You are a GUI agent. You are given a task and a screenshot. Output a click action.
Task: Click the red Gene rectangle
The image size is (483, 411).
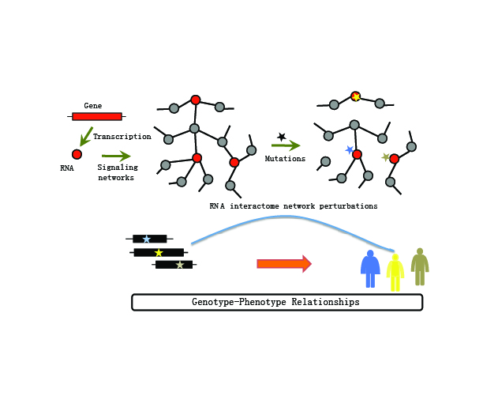pos(97,116)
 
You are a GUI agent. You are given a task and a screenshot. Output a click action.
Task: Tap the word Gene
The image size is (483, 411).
pos(92,105)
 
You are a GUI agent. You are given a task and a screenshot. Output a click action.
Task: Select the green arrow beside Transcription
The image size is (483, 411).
pos(85,136)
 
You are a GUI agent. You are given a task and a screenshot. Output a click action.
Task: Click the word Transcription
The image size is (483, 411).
pos(122,137)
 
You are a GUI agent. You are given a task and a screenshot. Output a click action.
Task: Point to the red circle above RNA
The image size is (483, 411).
pos(77,154)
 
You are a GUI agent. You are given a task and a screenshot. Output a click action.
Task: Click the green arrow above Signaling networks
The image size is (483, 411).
pos(116,156)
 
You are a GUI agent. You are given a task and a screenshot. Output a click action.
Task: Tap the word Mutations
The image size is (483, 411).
pos(285,159)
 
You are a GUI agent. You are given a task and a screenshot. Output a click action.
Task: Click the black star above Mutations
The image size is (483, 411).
pos(282,137)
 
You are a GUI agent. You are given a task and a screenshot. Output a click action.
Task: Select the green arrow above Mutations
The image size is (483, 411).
pos(285,145)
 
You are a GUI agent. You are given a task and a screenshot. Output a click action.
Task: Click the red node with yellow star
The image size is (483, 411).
pos(356,96)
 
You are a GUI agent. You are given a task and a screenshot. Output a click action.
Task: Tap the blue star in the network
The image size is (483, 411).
pos(349,149)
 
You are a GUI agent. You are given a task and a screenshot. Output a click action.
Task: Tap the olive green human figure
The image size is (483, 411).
pos(420,267)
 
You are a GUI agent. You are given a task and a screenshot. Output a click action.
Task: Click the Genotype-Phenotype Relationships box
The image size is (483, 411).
pos(276,302)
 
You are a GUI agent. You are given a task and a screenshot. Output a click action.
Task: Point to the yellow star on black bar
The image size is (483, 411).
pos(159,253)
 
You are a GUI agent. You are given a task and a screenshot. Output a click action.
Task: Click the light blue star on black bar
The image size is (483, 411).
pos(146,239)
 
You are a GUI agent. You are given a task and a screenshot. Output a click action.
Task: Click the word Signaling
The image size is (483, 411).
pos(118,168)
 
